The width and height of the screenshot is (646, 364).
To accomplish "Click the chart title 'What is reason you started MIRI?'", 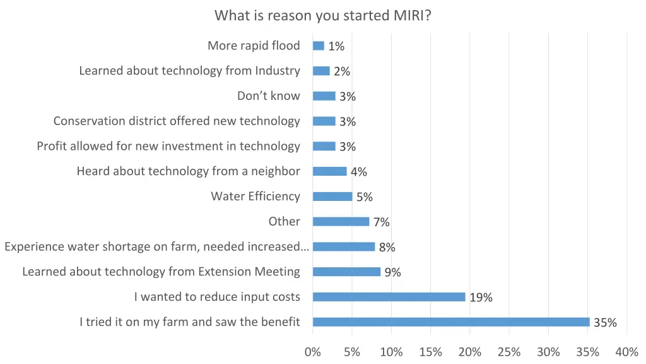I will [x=323, y=15].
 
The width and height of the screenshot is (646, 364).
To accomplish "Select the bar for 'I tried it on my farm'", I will [x=450, y=322].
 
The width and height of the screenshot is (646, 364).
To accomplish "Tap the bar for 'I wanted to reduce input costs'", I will [x=389, y=297].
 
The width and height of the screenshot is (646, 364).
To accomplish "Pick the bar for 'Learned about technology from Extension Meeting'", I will [x=346, y=272].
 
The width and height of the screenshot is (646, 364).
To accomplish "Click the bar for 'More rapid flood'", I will [x=318, y=45].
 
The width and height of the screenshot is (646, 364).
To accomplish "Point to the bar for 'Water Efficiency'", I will [x=332, y=197].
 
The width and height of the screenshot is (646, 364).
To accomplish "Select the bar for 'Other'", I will [x=341, y=222].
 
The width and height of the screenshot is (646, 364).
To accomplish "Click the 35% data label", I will [x=605, y=323].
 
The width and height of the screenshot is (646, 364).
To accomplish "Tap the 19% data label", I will [x=481, y=298].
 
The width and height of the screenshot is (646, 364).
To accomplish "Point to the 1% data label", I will [x=336, y=46].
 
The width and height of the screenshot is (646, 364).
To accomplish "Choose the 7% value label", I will [x=381, y=222].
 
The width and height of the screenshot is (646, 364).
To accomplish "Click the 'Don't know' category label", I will [x=269, y=96].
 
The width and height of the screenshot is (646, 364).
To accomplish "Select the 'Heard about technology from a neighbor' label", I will [x=188, y=171].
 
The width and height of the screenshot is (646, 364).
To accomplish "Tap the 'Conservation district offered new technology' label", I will [x=177, y=121].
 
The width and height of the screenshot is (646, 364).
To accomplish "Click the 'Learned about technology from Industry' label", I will [x=189, y=71].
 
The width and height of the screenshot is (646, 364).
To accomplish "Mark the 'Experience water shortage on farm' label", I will [x=156, y=246].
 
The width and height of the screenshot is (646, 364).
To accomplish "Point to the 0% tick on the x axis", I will [x=313, y=352].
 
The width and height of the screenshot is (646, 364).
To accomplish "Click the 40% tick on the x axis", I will [x=626, y=352].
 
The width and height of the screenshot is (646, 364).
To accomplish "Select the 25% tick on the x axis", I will [x=509, y=352].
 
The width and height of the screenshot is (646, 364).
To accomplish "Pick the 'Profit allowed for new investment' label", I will [x=168, y=146].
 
